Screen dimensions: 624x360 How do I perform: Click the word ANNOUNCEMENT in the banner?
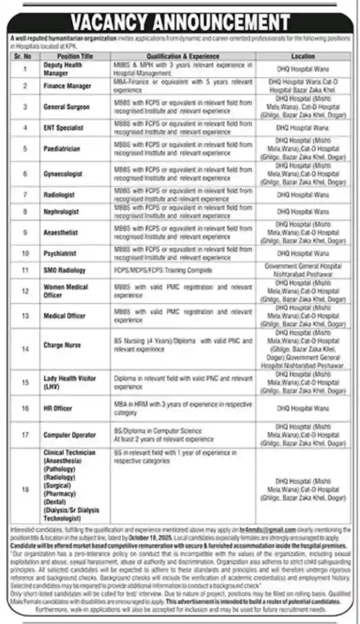pos(222,23)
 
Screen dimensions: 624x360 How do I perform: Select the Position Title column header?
pos(75,56)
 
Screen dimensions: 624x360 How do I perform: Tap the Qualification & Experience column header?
pos(183,56)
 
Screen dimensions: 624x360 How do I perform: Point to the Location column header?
pos(303,56)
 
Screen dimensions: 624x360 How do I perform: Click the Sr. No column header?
pos(25,56)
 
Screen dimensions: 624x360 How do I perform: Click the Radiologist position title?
pos(59,195)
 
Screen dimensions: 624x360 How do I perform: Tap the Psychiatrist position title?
pos(60,253)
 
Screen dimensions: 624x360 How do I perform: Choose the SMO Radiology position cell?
pos(65,270)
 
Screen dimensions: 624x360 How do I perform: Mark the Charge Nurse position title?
pos(62,346)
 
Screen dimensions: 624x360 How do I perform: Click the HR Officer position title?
pos(58,408)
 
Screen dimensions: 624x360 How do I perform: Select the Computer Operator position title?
pos(70,435)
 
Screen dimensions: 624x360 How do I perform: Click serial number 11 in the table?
pos(25,270)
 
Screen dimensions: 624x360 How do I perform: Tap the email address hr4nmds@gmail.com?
pos(270,530)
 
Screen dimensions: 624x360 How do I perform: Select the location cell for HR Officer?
pos(303,408)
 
